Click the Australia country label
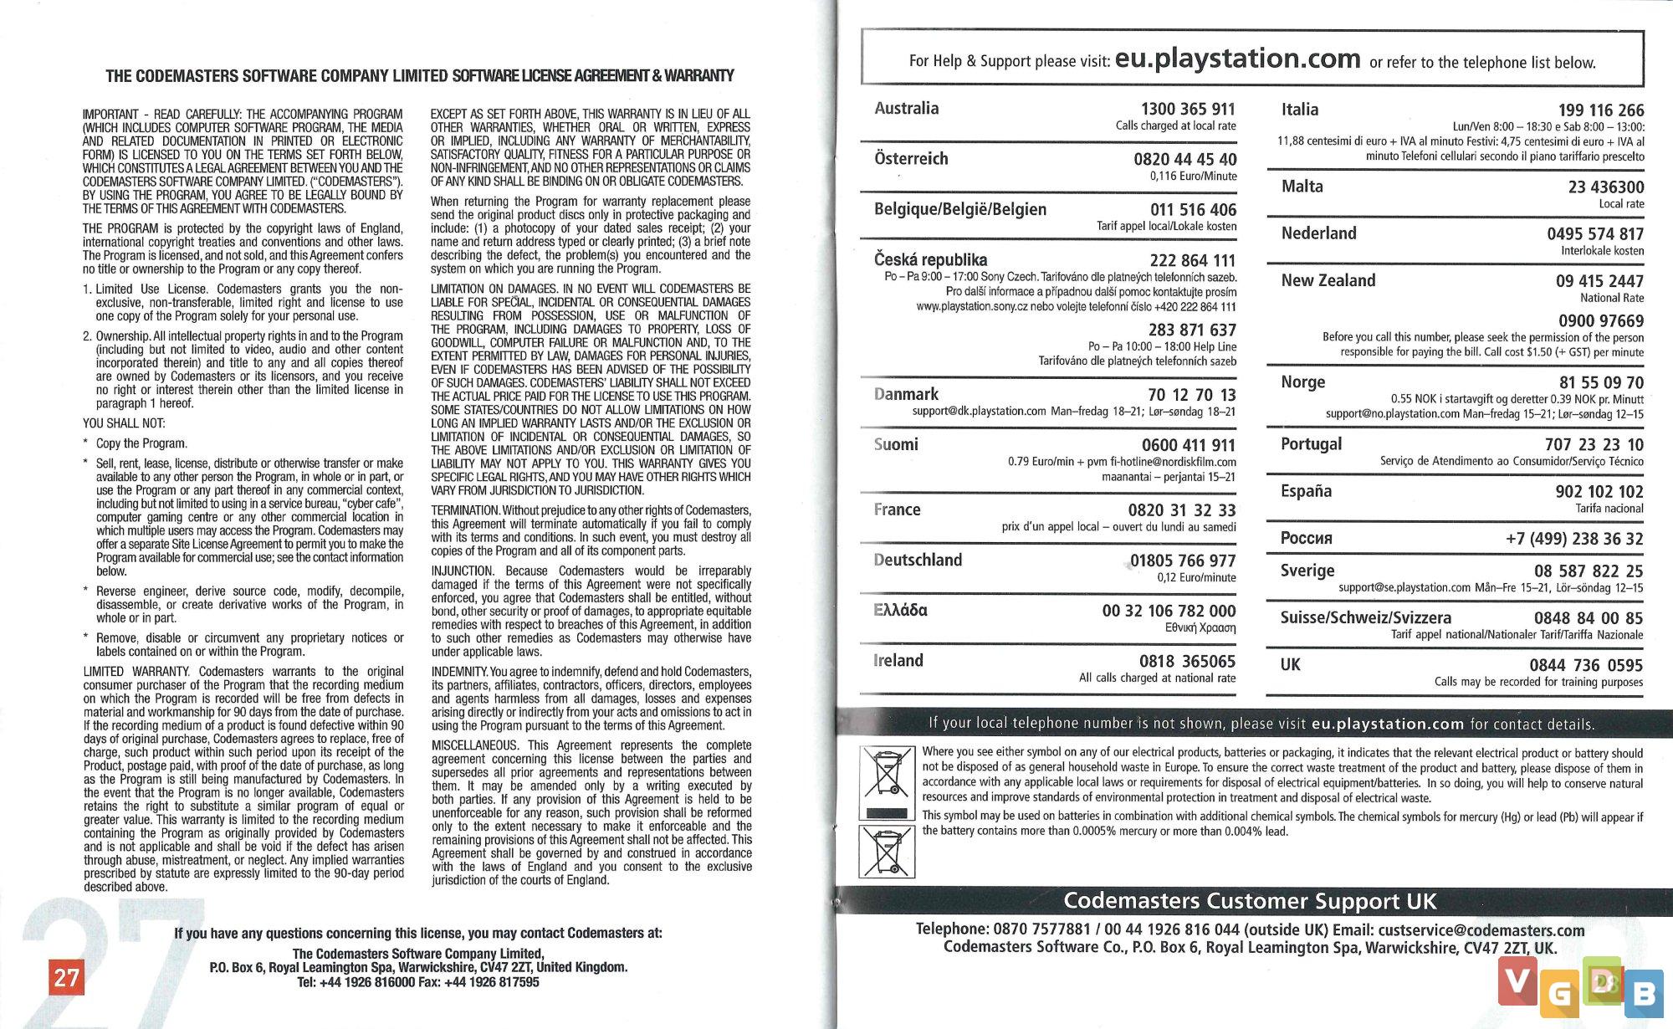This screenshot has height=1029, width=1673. pos(906,109)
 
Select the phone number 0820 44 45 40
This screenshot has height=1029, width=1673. pos(1184,160)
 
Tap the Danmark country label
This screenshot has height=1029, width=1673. pos(906,394)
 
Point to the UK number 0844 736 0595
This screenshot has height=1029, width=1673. pos(1586,666)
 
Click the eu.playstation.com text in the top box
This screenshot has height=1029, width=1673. pos(1238,59)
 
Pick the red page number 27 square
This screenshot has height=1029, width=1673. pos(66,977)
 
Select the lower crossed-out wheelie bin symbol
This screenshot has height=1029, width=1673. pos(887,852)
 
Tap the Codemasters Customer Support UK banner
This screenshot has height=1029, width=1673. pos(1250,901)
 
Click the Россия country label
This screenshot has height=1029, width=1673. pos(1306,539)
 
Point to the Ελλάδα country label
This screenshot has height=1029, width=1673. pos(900,611)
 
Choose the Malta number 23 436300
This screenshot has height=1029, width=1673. pos(1605,187)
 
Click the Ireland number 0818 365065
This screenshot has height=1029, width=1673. pos(1187,662)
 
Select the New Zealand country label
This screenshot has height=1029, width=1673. pos(1328,281)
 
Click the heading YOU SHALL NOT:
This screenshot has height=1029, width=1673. pos(124,423)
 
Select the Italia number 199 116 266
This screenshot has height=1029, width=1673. pos(1600,110)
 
